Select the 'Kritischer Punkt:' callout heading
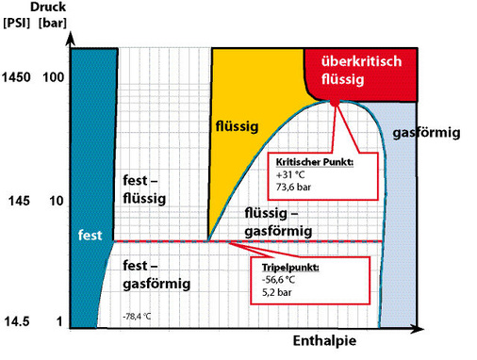[314, 163]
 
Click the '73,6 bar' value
[294, 188]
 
